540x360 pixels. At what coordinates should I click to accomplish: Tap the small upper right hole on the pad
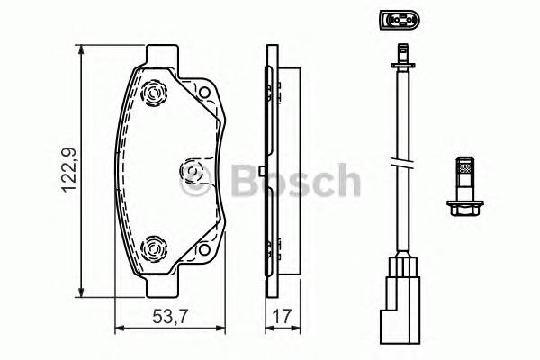tap(204, 94)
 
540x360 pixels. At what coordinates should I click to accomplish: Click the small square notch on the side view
tap(260, 171)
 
